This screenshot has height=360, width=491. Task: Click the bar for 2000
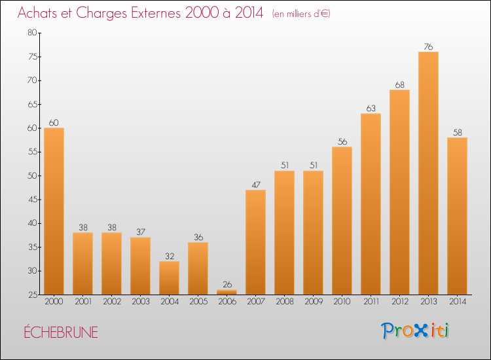[54, 211]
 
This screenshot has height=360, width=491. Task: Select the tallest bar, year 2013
[428, 173]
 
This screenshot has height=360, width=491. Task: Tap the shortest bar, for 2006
[227, 292]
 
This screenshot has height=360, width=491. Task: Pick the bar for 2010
[342, 221]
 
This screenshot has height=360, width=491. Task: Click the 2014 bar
[457, 215]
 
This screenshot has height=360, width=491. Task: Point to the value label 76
[428, 46]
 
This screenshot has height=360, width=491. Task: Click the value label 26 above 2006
[227, 285]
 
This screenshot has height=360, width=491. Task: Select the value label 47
[255, 185]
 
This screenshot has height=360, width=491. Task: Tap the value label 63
[371, 108]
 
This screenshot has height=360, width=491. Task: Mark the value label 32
[169, 256]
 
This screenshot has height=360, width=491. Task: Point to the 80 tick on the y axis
[31, 33]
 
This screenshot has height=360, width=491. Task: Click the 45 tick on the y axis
[31, 200]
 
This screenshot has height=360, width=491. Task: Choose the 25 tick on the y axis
[31, 295]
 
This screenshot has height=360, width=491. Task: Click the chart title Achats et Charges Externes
[141, 13]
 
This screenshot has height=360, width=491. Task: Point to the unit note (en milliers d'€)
[301, 14]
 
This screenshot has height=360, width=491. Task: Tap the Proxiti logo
[415, 331]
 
